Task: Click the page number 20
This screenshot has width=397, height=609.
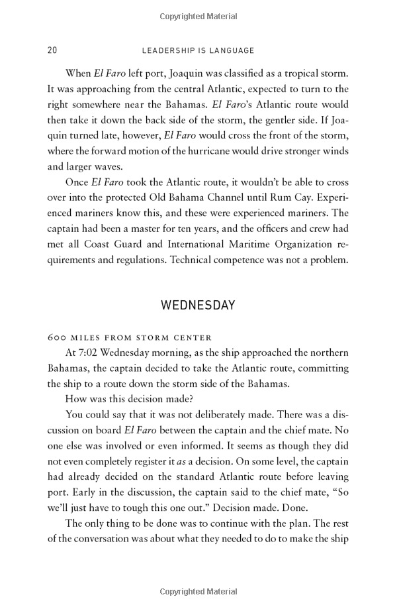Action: click(x=52, y=50)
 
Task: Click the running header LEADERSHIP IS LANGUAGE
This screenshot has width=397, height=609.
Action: click(x=198, y=50)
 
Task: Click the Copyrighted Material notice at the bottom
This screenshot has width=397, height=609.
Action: click(x=198, y=590)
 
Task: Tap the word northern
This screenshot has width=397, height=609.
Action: click(x=328, y=352)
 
